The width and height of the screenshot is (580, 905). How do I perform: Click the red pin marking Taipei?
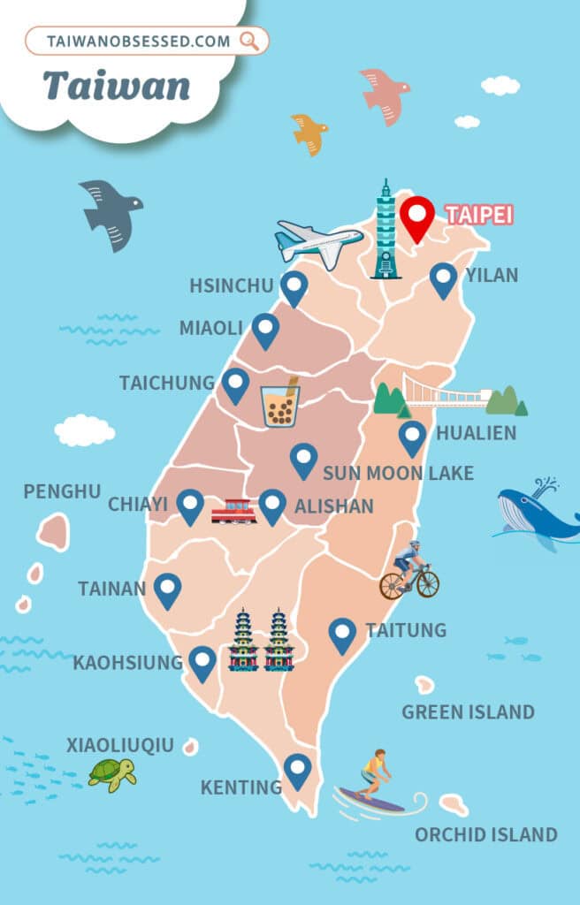[416, 215]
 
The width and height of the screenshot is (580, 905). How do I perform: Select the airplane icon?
[317, 240]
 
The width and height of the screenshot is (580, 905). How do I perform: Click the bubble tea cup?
[279, 406]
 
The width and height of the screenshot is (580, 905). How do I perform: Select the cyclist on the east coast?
[409, 572]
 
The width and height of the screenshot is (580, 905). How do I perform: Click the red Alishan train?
[234, 511]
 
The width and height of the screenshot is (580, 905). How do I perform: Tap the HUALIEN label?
[476, 434]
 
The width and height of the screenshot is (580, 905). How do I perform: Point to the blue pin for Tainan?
[167, 589]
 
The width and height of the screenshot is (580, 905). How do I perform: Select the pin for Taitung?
[342, 633]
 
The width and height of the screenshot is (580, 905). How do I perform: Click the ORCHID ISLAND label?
[486, 833]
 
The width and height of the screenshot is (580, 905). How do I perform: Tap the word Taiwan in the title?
[116, 85]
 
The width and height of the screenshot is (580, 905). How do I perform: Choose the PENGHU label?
[62, 491]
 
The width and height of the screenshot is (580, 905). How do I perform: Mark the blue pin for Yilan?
[443, 278]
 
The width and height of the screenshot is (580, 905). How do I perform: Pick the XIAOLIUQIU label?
[120, 745]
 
